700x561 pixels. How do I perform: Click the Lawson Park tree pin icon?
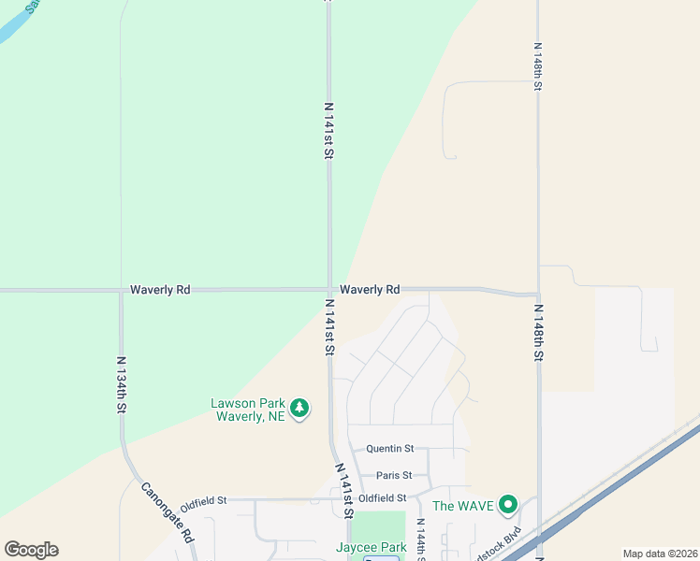click(299, 409)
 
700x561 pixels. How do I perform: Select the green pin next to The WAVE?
click(508, 505)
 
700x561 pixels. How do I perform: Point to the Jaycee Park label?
click(372, 547)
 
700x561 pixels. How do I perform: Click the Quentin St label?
click(389, 449)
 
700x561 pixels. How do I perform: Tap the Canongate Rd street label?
click(168, 512)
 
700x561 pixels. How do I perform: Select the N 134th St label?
click(121, 384)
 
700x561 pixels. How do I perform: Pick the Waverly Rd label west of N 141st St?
click(160, 290)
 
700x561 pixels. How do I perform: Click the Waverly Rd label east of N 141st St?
click(370, 290)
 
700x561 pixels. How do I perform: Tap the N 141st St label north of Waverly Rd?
click(328, 130)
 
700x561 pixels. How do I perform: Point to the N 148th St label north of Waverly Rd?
click(538, 65)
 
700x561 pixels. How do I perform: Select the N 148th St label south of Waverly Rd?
click(538, 330)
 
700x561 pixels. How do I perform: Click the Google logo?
click(31, 550)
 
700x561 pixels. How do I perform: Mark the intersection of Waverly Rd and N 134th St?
click(121, 291)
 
